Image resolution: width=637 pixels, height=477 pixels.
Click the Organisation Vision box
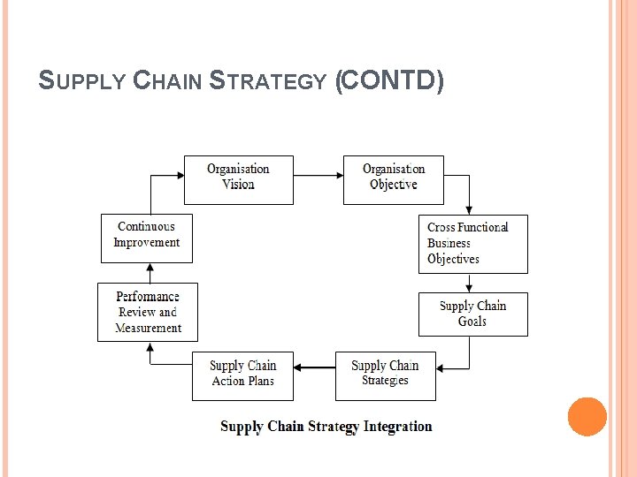point(238,180)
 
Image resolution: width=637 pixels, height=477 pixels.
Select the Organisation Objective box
point(393,180)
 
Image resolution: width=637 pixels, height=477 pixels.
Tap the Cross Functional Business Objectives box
point(472,244)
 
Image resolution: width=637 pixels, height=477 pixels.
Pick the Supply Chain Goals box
point(472,314)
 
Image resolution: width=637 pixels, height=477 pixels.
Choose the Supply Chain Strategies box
point(385,375)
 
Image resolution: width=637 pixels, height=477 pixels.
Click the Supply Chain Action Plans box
point(242,375)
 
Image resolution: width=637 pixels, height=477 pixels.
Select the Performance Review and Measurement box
point(147,312)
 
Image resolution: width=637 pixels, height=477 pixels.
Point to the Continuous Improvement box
point(146,238)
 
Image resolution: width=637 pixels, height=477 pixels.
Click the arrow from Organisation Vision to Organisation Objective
point(318,174)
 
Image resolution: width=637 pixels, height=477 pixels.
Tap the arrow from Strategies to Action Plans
point(314,367)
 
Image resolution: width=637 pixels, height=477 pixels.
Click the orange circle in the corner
point(587,417)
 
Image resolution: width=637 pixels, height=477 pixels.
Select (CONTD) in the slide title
point(389,81)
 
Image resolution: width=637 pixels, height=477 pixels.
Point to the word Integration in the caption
point(397,427)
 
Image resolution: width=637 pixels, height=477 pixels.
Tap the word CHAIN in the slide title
point(167,82)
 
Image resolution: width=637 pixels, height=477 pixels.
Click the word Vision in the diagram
point(238,185)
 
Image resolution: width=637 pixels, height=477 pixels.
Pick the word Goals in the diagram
point(472,322)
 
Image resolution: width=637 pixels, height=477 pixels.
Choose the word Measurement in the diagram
point(149,328)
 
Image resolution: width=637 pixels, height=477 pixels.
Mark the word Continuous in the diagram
point(146,227)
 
